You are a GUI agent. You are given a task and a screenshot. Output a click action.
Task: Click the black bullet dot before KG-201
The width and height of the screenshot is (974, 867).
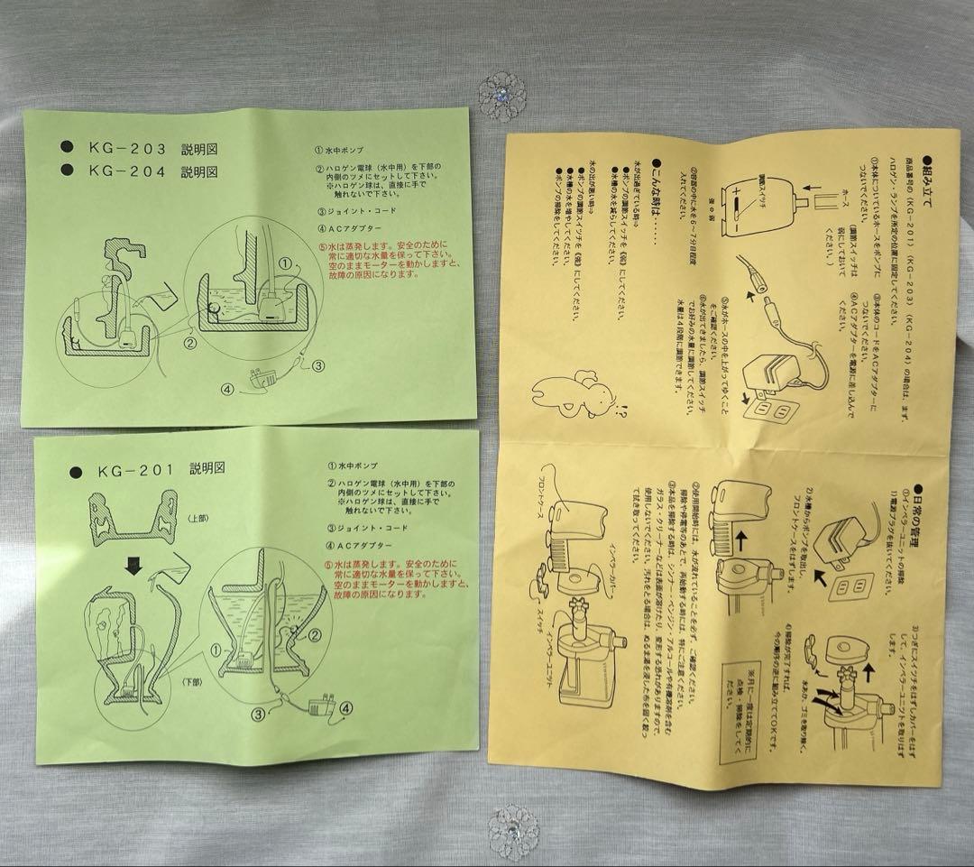click(x=73, y=471)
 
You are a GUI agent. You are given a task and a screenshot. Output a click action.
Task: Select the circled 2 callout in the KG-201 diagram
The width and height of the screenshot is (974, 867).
click(x=316, y=633)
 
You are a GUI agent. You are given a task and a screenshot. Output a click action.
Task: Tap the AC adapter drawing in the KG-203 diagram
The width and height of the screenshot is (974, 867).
click(x=259, y=383)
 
